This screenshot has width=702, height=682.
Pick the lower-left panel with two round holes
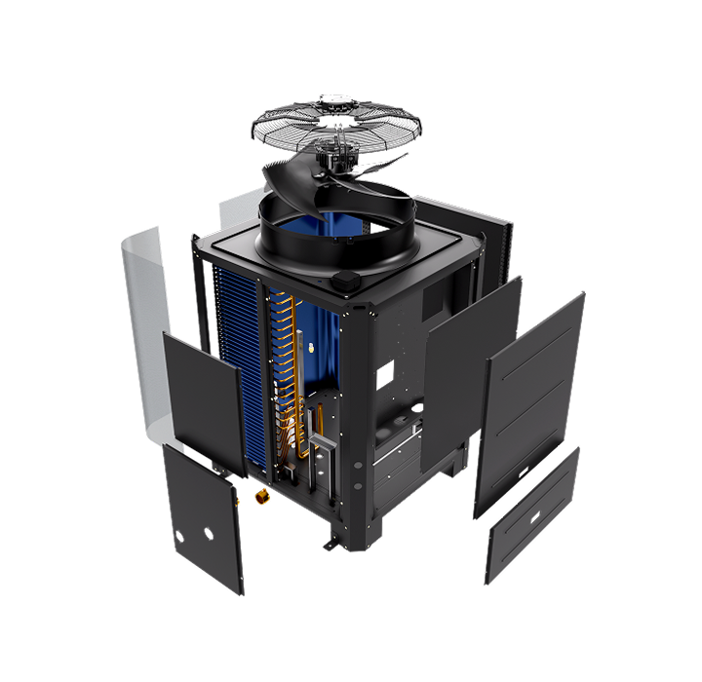pos(203,516)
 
